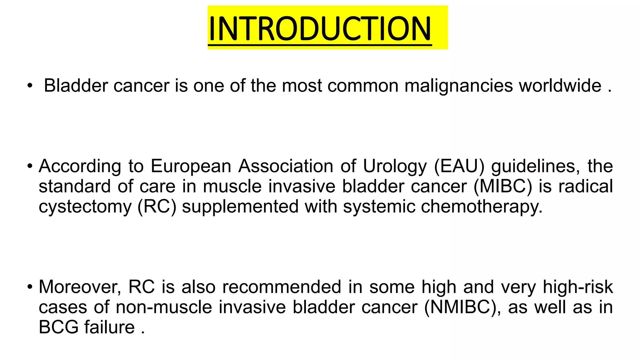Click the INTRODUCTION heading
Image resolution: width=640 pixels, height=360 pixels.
(320, 28)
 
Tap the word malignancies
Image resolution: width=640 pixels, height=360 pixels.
(458, 86)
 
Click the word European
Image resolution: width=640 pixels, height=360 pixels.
(191, 166)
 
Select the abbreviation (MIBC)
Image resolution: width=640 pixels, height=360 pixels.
(502, 187)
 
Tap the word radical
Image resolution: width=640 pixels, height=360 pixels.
(585, 187)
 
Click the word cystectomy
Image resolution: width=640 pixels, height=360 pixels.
(85, 207)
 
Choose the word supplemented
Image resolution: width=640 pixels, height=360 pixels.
(240, 207)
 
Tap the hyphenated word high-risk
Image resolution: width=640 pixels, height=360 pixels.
(578, 287)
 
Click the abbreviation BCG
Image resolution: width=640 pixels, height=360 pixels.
(58, 327)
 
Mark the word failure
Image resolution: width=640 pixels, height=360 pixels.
(109, 327)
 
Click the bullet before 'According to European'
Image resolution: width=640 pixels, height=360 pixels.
(30, 166)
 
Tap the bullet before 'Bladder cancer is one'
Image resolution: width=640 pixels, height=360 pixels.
(30, 86)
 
